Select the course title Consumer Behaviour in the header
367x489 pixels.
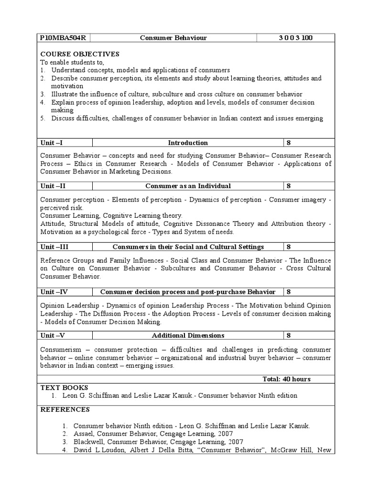(x=173, y=38)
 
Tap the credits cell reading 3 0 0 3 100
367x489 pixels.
(x=296, y=38)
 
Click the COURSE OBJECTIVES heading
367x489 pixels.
(x=80, y=54)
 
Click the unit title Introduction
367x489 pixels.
(x=188, y=143)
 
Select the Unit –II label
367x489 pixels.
(x=54, y=186)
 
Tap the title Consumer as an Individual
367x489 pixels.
(x=188, y=186)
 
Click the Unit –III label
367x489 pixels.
(x=55, y=247)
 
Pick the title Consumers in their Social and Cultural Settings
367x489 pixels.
(x=188, y=247)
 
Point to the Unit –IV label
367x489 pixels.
(x=55, y=292)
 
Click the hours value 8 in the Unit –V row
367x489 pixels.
(x=289, y=336)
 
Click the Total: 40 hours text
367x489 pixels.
(x=286, y=379)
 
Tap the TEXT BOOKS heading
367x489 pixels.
(x=65, y=387)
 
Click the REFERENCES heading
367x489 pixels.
(x=65, y=409)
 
